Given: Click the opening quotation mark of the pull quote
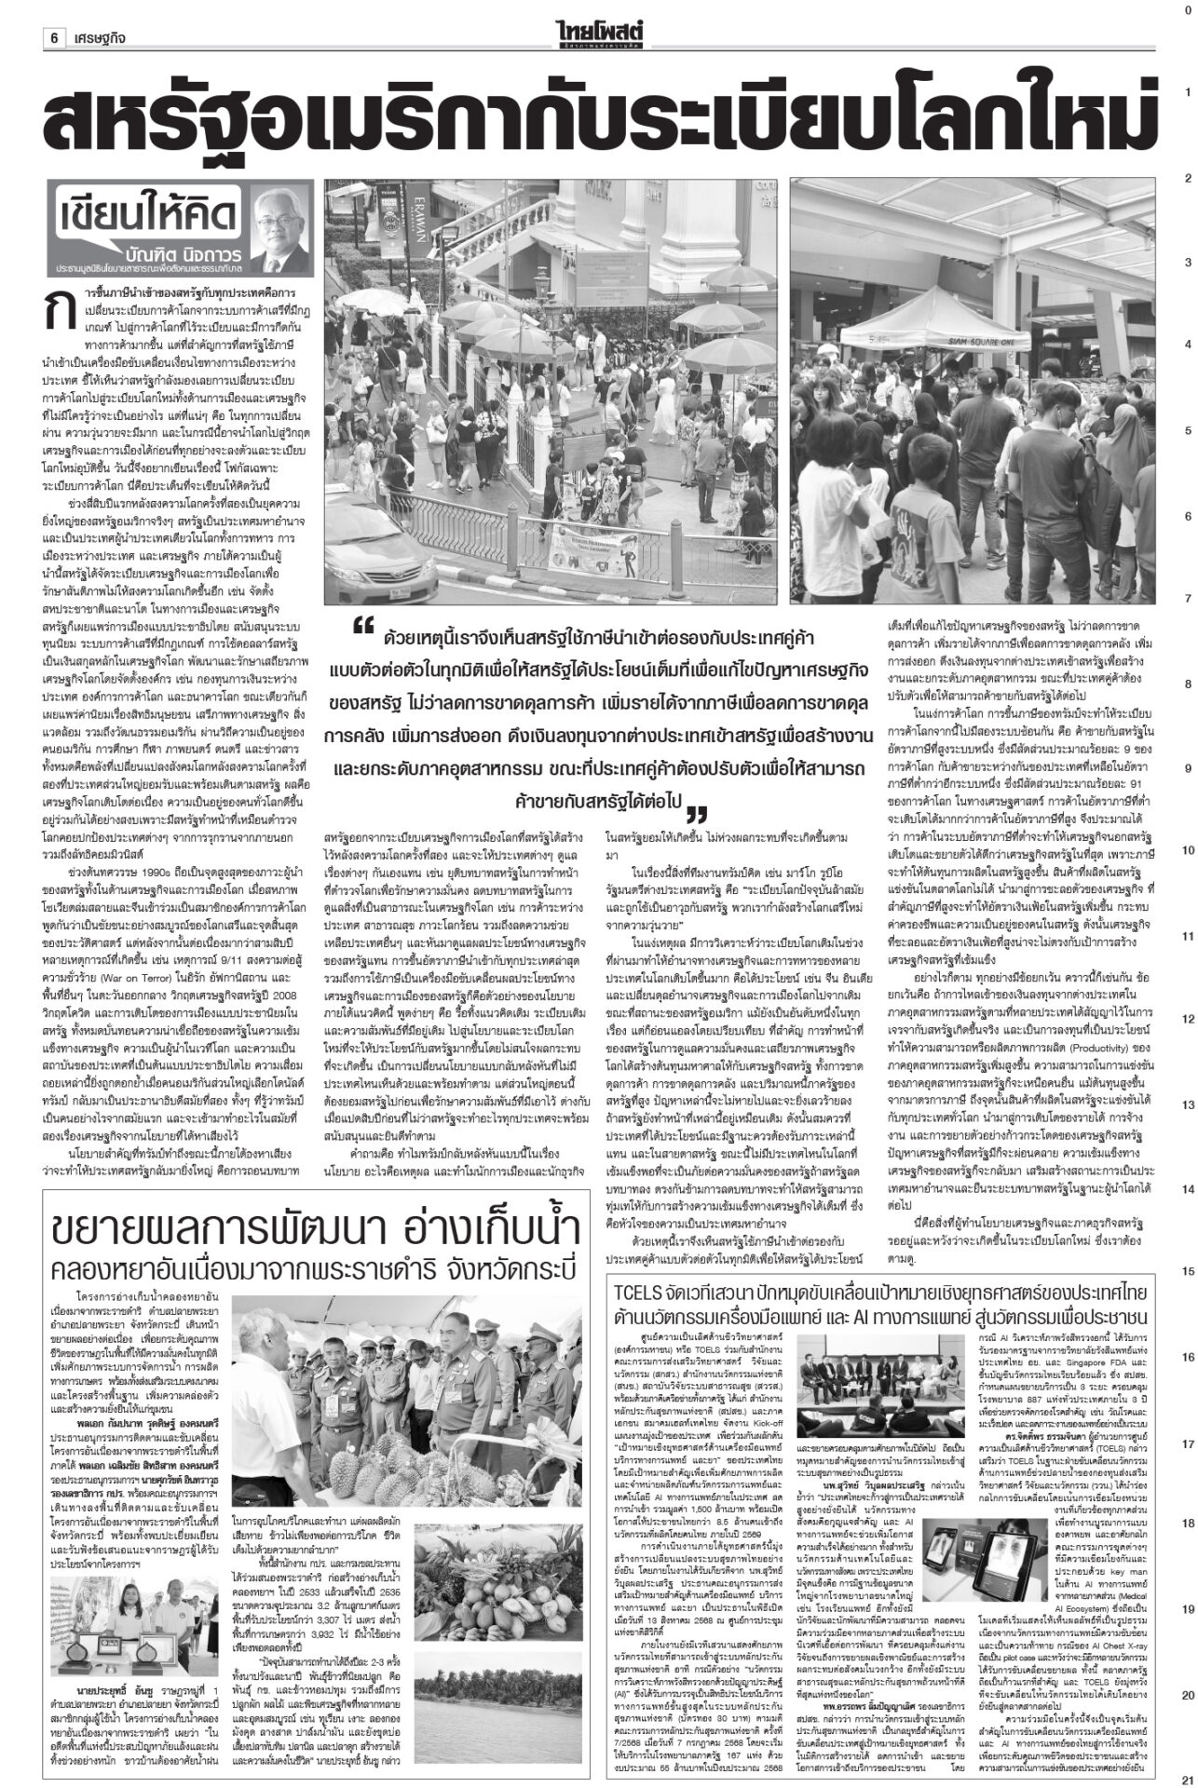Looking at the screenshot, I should (364, 630).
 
